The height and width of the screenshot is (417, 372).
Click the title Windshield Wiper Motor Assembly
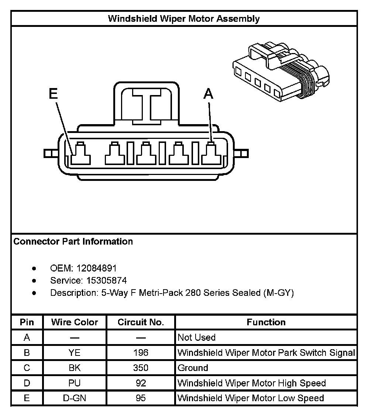(x=184, y=19)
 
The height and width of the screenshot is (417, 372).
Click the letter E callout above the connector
(x=54, y=94)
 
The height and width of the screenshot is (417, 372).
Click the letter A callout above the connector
(x=209, y=94)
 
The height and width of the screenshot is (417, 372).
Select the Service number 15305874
(x=107, y=281)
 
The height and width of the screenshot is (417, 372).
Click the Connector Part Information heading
(x=73, y=242)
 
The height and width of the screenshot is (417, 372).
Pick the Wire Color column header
(x=75, y=322)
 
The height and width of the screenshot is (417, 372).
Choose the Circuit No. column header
(x=141, y=322)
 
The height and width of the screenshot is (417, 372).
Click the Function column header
(x=266, y=322)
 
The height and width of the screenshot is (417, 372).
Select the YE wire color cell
(x=75, y=353)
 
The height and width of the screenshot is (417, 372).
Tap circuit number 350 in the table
(x=141, y=368)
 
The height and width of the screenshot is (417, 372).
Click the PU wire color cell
(x=75, y=383)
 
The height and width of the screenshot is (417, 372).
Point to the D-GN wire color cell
(x=75, y=398)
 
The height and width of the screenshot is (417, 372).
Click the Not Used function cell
(x=197, y=337)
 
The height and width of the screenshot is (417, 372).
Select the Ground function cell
(x=193, y=368)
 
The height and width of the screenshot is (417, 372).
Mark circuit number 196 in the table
(x=141, y=353)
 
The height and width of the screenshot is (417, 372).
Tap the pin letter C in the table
(x=27, y=368)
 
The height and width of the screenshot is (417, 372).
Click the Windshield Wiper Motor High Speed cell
(x=252, y=383)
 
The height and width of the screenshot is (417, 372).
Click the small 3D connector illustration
(x=280, y=72)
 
